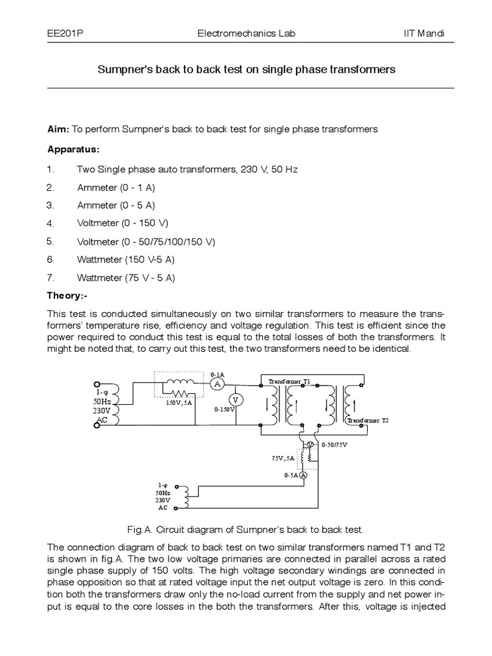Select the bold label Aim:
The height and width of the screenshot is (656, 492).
(59, 129)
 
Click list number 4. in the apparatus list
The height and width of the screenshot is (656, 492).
(51, 224)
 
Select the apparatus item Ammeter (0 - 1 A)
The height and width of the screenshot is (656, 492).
(116, 188)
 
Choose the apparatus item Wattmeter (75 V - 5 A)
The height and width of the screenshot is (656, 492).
(126, 278)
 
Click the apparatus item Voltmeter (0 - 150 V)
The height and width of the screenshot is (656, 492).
(123, 224)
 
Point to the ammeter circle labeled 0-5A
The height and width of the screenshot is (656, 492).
(304, 475)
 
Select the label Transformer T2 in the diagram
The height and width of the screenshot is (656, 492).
(367, 420)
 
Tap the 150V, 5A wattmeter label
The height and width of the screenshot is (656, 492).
(180, 403)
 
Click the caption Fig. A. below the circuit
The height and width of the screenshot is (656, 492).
(142, 530)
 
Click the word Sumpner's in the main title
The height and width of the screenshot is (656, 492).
(125, 68)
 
